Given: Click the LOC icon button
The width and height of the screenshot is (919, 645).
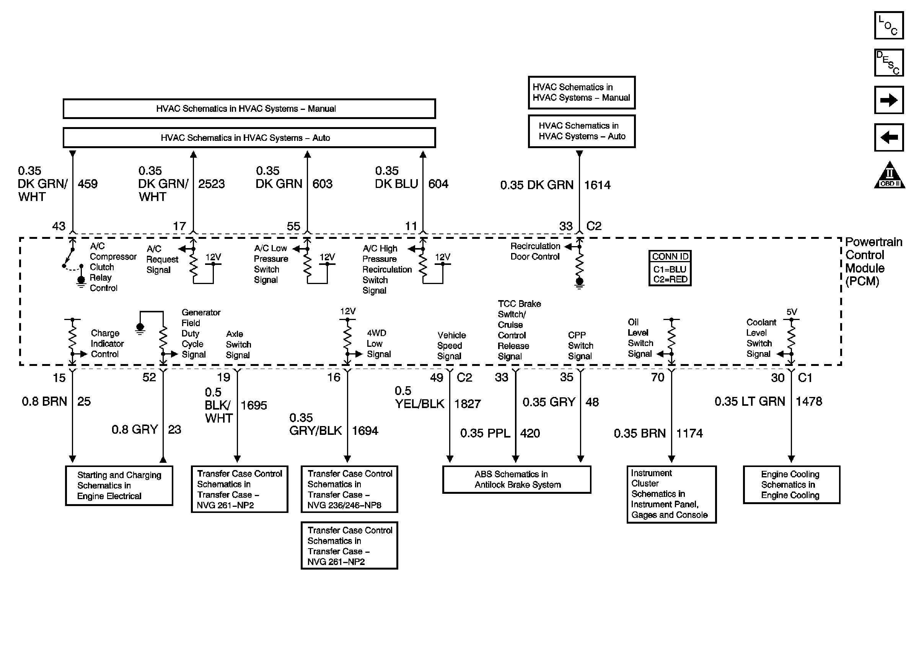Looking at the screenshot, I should click(x=888, y=26).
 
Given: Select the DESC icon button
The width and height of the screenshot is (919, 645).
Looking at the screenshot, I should click(x=888, y=63).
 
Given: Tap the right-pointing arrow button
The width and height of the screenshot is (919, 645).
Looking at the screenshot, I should click(x=888, y=100).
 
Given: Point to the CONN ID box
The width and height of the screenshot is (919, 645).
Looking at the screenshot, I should click(x=670, y=268).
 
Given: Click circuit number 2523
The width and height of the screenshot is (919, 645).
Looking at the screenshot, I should click(x=211, y=184).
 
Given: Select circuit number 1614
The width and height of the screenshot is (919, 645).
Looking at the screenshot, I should click(x=597, y=185).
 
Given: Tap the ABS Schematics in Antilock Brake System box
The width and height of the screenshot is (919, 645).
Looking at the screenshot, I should click(x=517, y=479).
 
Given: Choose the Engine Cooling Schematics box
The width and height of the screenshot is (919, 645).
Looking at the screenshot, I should click(x=791, y=485).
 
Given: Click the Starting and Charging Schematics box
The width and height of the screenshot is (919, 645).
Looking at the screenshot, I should click(x=119, y=485).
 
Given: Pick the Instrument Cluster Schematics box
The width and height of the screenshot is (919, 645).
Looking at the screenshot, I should click(x=671, y=494).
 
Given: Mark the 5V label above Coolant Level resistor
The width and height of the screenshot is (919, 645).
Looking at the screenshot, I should click(x=791, y=312).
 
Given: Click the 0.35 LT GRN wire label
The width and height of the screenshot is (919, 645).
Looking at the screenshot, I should click(x=749, y=401).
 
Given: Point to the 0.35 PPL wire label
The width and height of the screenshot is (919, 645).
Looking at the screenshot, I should click(x=485, y=433).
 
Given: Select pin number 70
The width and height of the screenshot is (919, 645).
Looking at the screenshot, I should click(x=657, y=377).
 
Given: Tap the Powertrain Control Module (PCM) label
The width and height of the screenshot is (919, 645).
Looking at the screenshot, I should click(x=873, y=261).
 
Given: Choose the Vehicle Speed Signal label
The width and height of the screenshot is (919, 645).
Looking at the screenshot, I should click(x=451, y=346).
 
